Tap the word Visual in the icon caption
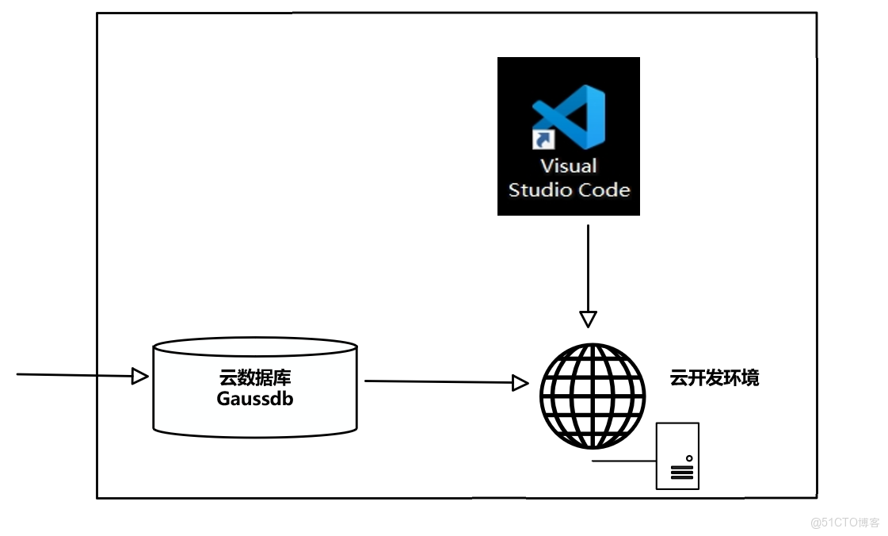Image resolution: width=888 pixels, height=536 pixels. click(568, 167)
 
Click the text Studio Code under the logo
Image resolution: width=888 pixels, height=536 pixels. click(569, 190)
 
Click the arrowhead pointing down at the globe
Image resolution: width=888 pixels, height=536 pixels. click(588, 319)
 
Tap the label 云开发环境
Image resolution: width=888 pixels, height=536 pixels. click(714, 378)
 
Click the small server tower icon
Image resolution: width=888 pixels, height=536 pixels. click(677, 456)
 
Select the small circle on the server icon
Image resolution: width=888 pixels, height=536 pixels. click(689, 458)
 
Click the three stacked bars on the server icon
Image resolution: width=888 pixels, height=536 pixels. click(681, 473)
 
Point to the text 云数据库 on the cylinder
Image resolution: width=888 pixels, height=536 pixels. click(255, 378)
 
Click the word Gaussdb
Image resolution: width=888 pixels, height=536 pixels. click(255, 399)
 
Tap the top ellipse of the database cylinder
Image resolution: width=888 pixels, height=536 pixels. click(255, 347)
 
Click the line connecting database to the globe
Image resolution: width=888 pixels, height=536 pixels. click(436, 382)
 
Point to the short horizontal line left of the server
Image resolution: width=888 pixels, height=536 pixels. click(623, 461)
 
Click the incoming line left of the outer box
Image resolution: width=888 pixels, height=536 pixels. click(55, 374)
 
